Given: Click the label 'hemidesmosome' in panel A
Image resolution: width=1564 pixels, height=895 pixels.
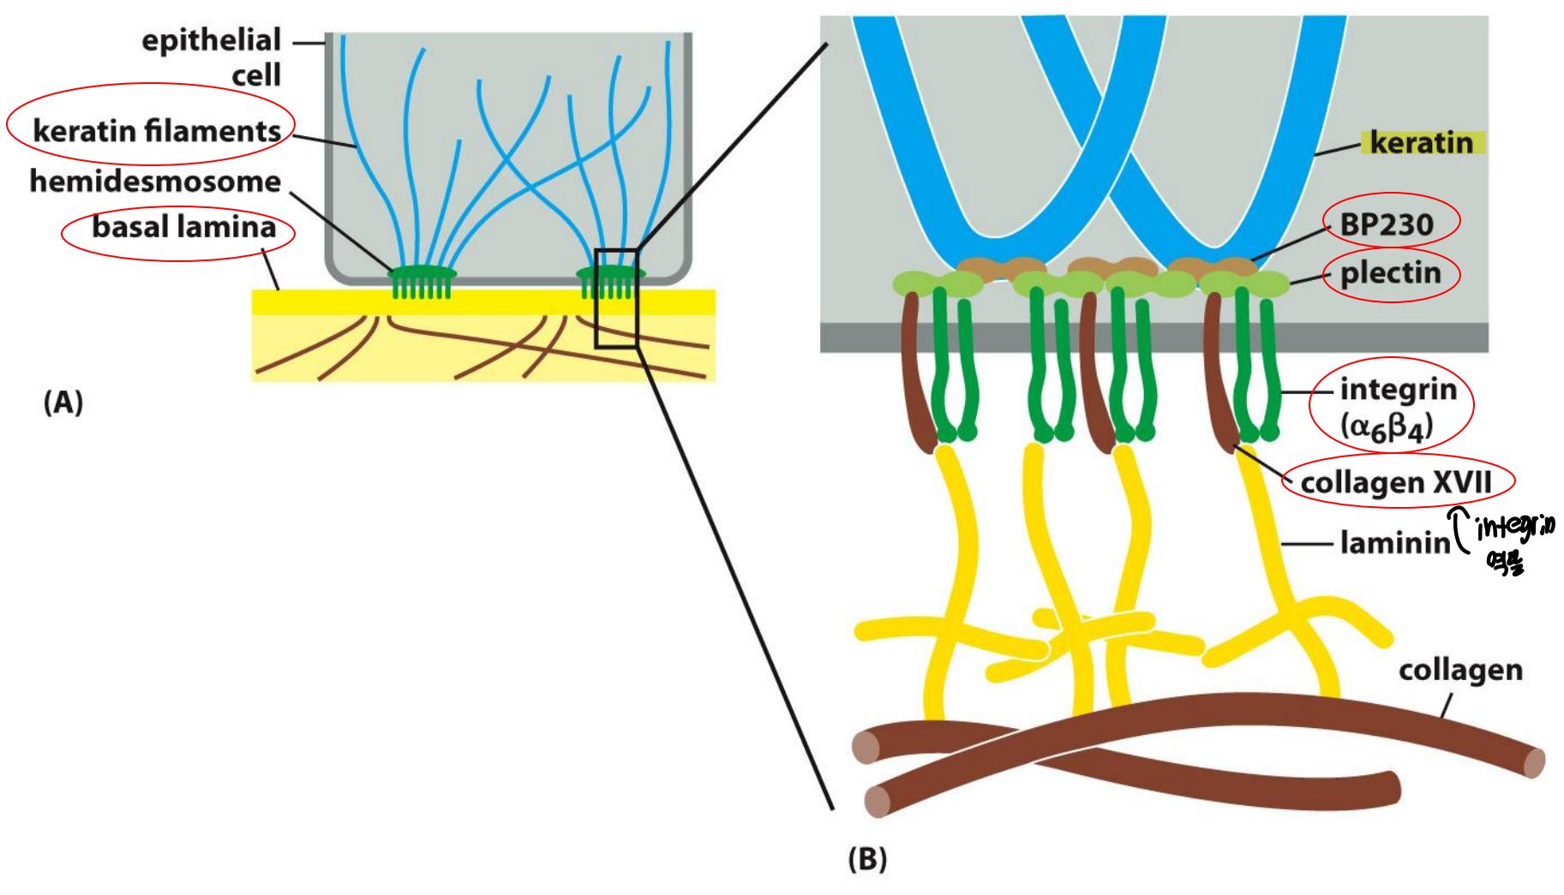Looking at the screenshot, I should coord(155,182).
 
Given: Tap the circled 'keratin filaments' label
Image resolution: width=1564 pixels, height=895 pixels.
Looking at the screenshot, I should coord(157,131).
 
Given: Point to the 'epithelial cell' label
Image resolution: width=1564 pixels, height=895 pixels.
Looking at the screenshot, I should coord(211,57).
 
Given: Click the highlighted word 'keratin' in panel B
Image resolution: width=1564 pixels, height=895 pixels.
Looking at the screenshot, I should coord(1421,142).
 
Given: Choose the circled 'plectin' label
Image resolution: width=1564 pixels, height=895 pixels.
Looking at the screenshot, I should coord(1390,274).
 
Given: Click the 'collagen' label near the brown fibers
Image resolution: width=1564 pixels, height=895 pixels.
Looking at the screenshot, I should coord(1460,670).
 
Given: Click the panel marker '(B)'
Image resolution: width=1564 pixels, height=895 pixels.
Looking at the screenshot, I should coord(866,859).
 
